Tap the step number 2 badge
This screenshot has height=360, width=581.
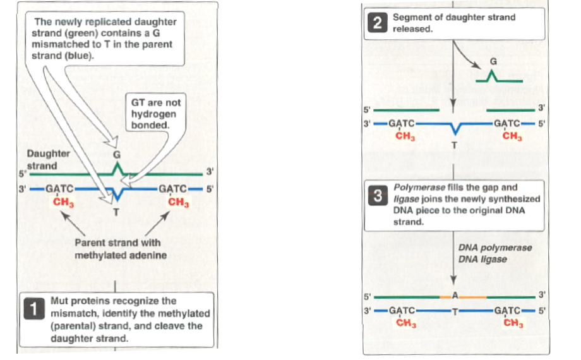tap(378, 23)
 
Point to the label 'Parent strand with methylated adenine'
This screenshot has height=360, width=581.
tap(117, 249)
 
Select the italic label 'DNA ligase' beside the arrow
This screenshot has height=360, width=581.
tap(481, 258)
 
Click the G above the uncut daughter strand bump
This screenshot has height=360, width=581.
tap(116, 153)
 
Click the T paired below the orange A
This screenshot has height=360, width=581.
tap(454, 309)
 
